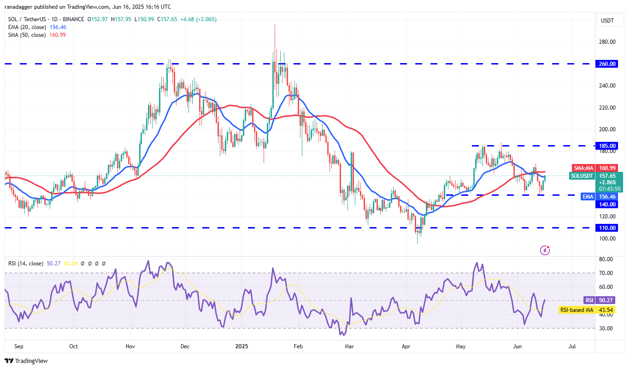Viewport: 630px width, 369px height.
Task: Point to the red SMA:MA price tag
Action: [x=583, y=168]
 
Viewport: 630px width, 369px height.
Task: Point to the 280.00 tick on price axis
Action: [x=608, y=42]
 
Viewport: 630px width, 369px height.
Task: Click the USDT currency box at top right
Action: [x=607, y=20]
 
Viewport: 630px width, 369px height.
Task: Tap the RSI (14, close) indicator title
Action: [x=26, y=264]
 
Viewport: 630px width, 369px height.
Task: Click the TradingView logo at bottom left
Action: [x=26, y=361]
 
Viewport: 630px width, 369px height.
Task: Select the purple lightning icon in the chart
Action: [x=545, y=250]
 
